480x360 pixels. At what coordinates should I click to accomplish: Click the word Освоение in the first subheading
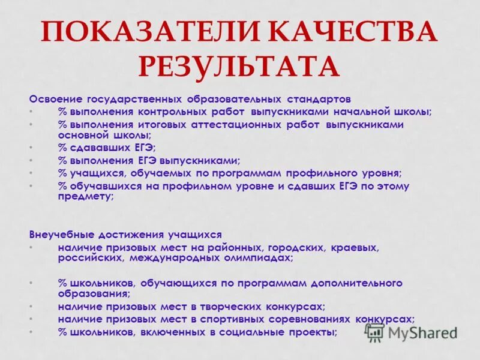(x=56, y=98)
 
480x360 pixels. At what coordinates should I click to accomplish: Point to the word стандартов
(x=318, y=98)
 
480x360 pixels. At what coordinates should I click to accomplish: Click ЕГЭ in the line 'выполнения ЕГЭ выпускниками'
(x=147, y=160)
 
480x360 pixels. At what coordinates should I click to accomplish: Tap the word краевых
(x=356, y=247)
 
